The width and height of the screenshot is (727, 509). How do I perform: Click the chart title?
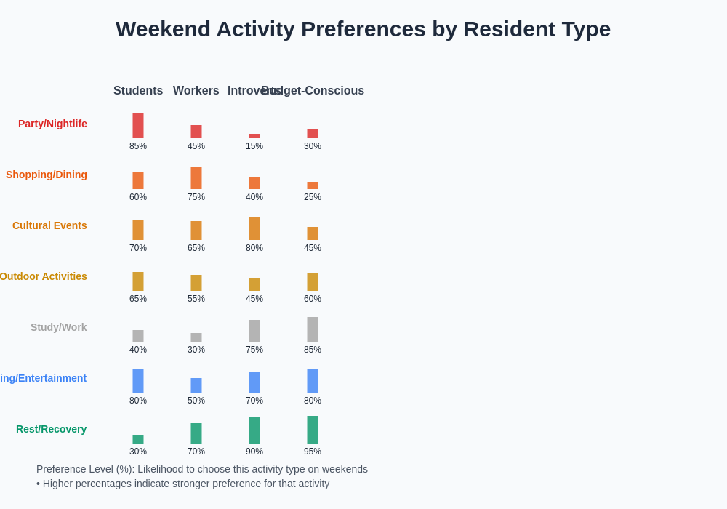pos(363,29)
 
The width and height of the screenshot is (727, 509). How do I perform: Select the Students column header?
pos(138,91)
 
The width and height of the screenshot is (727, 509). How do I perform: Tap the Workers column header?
pos(196,91)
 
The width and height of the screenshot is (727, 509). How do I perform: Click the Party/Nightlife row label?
pos(52,124)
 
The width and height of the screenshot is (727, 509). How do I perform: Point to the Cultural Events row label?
pos(49,225)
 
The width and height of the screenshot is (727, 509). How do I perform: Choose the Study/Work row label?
pos(58,327)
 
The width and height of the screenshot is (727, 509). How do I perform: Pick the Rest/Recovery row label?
pos(51,429)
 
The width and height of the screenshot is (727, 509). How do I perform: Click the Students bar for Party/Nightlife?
pos(138,126)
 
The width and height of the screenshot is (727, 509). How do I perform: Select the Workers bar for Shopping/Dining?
pos(196,178)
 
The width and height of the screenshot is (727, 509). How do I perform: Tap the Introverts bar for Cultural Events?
pos(254,228)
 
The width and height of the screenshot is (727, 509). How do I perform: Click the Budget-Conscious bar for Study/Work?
pos(313,329)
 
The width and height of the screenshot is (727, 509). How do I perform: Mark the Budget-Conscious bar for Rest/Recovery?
pos(313,430)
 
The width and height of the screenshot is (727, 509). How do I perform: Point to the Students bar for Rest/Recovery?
pos(138,439)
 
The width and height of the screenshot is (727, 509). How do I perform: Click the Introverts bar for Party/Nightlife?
pos(254,136)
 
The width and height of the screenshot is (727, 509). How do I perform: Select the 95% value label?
pos(313,452)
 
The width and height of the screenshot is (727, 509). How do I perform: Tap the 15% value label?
pos(254,146)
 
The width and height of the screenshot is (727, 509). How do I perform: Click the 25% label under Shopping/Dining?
pos(313,197)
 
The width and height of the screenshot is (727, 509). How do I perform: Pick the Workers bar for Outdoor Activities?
pos(196,283)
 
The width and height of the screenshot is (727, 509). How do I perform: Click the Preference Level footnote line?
pos(202,469)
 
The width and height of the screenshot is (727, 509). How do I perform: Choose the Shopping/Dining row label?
pos(47,175)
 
